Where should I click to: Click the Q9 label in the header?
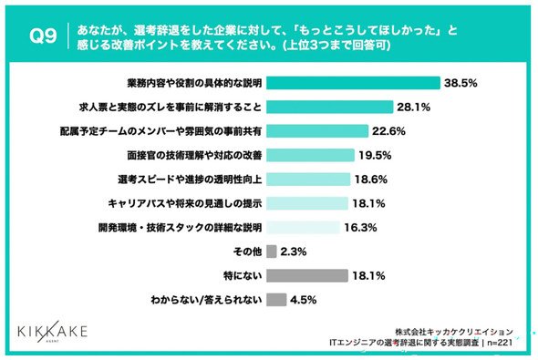pos(43,36)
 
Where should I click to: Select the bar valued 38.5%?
pos(353,83)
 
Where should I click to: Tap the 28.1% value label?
pos(413,108)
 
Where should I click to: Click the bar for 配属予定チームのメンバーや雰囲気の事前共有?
pos(317,131)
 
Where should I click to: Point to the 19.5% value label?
pos(375,155)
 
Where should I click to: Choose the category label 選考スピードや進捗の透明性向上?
pos(190,180)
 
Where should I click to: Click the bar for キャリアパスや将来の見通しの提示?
pos(307,203)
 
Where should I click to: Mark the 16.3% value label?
pos(360,227)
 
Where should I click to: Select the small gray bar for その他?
pos(272,252)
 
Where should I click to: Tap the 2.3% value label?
pos(294,252)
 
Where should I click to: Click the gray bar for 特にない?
pos(307,275)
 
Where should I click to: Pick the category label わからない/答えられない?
pos(206,300)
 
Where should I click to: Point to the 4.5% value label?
pos(304,300)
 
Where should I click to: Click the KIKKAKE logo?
pos(52,332)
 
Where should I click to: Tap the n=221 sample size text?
pos(500,342)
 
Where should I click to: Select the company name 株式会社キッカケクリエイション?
pos(454,332)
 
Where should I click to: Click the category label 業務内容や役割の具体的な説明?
pos(194,83)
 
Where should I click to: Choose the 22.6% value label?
pos(388,131)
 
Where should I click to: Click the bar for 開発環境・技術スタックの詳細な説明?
pos(303,227)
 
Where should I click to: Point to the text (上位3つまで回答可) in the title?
pos(336,45)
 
